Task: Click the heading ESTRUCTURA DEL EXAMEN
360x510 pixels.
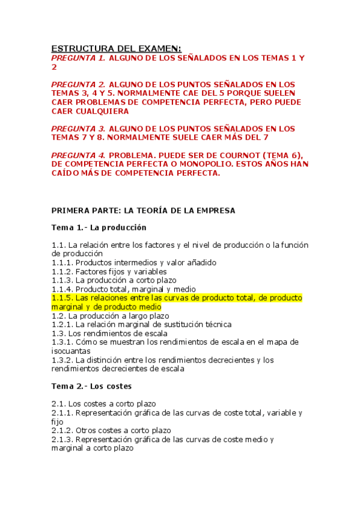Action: click(x=115, y=48)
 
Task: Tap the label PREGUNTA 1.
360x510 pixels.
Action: click(x=78, y=58)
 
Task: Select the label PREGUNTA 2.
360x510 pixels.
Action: click(x=78, y=84)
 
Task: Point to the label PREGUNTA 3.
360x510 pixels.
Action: click(x=78, y=129)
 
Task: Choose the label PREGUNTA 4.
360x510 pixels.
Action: click(x=78, y=155)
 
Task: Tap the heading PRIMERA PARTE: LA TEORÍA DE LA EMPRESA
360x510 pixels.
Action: click(x=143, y=210)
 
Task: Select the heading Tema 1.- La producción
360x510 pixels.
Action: click(x=99, y=228)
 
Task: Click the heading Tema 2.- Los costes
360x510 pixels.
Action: click(x=91, y=386)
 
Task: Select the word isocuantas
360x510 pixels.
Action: click(x=72, y=351)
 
